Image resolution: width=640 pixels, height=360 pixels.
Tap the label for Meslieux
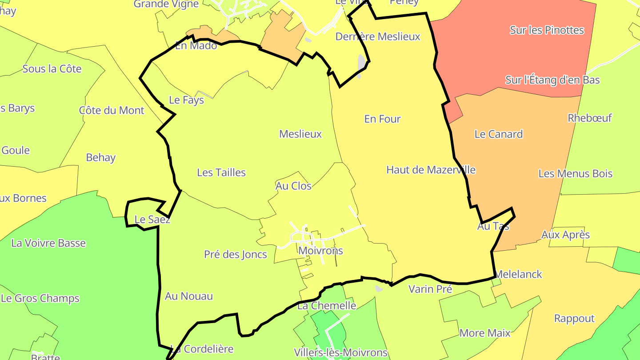click(x=300, y=134)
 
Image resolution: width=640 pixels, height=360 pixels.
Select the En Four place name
click(x=382, y=119)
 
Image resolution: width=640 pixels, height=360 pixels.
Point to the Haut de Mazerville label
click(x=431, y=170)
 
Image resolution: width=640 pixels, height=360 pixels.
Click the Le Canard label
click(x=499, y=134)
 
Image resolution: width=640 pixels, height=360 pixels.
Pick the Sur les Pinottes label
click(x=547, y=30)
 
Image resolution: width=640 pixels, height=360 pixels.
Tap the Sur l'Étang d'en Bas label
click(x=552, y=80)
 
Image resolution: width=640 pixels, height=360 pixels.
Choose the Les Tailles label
click(x=221, y=172)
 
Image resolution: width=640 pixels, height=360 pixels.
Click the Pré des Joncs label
click(x=236, y=254)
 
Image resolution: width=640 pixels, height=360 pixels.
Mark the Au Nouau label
click(x=189, y=296)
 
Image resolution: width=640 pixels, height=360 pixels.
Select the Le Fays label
click(x=187, y=100)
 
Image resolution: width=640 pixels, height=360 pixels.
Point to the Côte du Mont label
click(x=112, y=110)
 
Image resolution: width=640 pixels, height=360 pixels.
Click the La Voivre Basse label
click(x=48, y=243)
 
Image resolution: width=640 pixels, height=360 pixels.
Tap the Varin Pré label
click(x=430, y=289)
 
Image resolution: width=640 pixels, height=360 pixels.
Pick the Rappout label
click(x=574, y=318)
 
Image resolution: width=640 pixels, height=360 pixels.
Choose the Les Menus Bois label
click(x=576, y=173)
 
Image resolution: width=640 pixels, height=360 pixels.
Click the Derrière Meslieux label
click(x=378, y=36)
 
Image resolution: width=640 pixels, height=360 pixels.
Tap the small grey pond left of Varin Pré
click(x=379, y=288)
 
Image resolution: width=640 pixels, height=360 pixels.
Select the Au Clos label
click(x=293, y=186)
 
